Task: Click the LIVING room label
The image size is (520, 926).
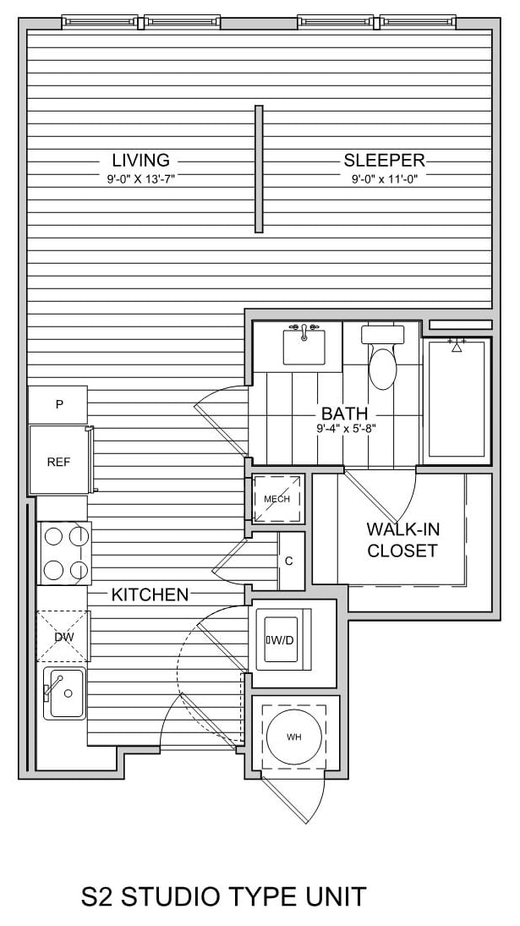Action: pyautogui.click(x=140, y=160)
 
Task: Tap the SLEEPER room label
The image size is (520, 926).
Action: pyautogui.click(x=383, y=160)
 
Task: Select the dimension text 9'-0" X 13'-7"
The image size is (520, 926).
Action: pyautogui.click(x=140, y=179)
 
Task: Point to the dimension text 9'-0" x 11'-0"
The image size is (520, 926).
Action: pyautogui.click(x=385, y=179)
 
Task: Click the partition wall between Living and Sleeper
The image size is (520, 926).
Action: pyautogui.click(x=259, y=168)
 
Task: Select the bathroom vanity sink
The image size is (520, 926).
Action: pyautogui.click(x=304, y=347)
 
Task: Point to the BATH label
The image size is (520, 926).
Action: pyautogui.click(x=344, y=414)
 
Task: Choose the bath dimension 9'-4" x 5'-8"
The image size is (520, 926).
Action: pyautogui.click(x=344, y=429)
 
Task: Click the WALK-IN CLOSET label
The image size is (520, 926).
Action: pyautogui.click(x=402, y=540)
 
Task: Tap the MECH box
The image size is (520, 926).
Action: pyautogui.click(x=276, y=499)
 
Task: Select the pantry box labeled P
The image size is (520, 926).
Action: pyautogui.click(x=58, y=404)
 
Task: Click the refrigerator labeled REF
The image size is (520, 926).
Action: pyautogui.click(x=58, y=461)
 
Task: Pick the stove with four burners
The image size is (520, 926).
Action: pyautogui.click(x=65, y=552)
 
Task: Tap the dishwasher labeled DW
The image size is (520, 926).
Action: pyautogui.click(x=63, y=636)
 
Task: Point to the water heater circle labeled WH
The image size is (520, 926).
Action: pyautogui.click(x=293, y=737)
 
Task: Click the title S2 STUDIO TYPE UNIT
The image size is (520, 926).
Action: pyautogui.click(x=224, y=896)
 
